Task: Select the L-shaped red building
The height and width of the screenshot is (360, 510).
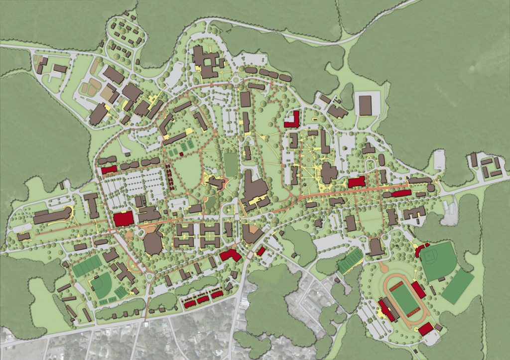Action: pos(292,119)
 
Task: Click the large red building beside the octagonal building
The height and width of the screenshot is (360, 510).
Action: pos(124,219)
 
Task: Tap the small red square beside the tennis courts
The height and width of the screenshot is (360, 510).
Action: pos(181,154)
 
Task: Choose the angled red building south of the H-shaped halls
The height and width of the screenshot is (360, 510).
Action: pos(230,255)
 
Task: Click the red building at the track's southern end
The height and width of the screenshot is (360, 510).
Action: pos(426,329)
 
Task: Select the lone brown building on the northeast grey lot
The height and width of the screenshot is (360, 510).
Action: pos(365,105)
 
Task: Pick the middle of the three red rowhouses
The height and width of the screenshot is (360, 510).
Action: pos(203,299)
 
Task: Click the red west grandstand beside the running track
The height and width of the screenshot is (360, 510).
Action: pos(387,309)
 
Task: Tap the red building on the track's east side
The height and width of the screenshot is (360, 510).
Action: pos(418,289)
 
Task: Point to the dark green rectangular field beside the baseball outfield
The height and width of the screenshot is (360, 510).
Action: pos(457,287)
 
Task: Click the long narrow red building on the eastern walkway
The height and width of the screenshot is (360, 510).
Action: pos(400,193)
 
